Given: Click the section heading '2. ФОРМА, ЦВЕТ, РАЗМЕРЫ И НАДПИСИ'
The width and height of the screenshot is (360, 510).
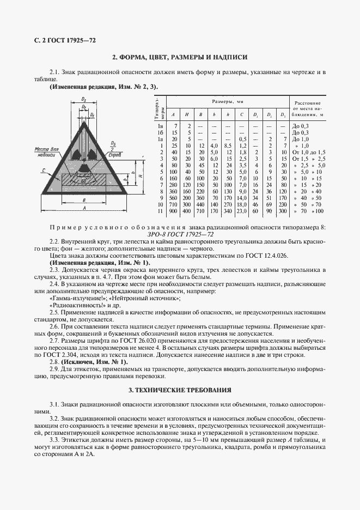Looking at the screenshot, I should [x=180, y=57].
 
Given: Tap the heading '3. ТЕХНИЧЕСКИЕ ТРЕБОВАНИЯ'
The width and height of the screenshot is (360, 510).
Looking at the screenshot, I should [x=180, y=390].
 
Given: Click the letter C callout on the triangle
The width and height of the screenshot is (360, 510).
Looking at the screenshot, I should [x=42, y=170].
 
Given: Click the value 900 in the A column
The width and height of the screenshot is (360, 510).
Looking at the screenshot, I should [x=173, y=210].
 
